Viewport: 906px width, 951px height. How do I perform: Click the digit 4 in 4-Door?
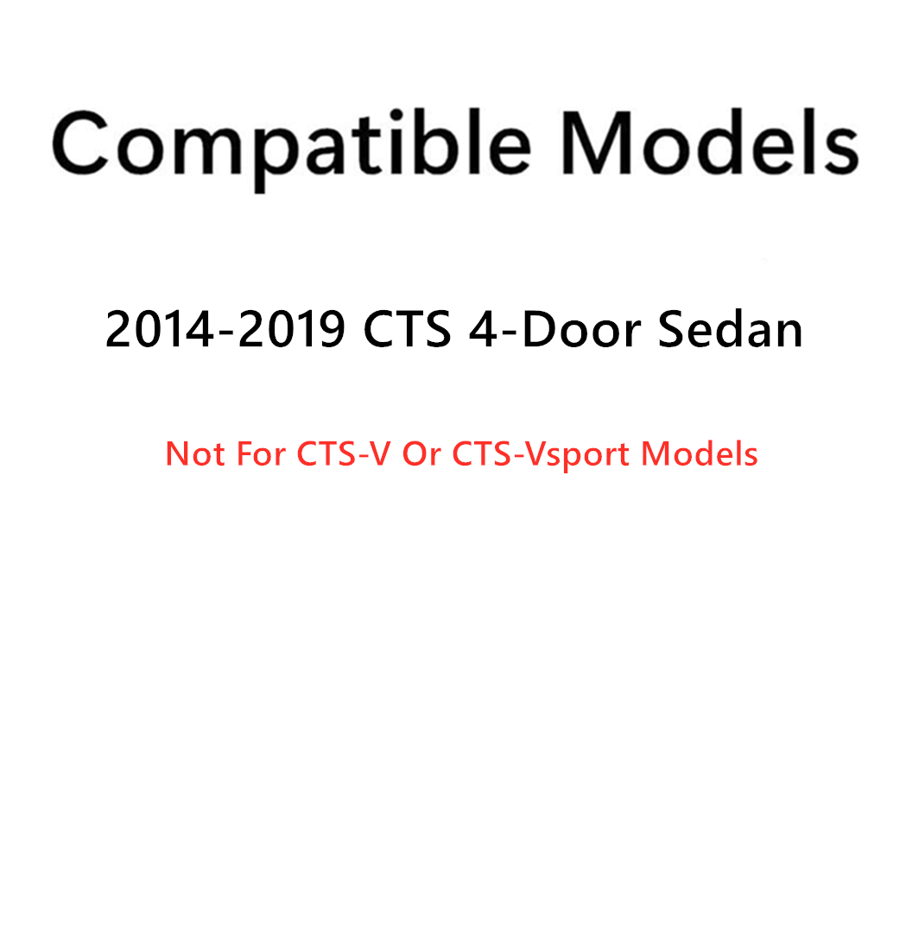coord(485,330)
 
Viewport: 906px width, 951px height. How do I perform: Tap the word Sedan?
coord(731,330)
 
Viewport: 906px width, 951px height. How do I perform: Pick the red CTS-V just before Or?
coord(344,453)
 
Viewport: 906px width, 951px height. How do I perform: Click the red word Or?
coord(421,453)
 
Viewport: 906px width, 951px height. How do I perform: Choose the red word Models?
coord(699,453)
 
